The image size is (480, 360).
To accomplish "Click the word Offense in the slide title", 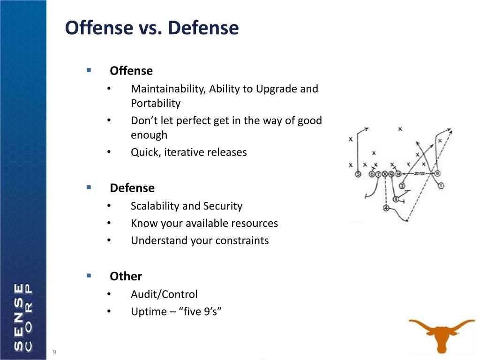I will click(x=98, y=28).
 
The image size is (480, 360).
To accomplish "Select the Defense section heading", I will click(x=132, y=188).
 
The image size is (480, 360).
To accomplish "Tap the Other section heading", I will click(x=126, y=277).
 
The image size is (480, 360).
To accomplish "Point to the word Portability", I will click(x=155, y=104).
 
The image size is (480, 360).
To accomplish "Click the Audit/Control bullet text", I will click(x=164, y=294).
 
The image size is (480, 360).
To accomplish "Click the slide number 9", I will click(x=54, y=352).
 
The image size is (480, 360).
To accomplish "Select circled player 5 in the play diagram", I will click(x=359, y=174).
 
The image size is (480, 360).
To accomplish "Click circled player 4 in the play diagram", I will click(x=386, y=208).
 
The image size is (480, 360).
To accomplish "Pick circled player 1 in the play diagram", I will click(x=441, y=186).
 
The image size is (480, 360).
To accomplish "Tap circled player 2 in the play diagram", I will click(x=402, y=186).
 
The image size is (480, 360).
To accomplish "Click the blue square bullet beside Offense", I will click(x=88, y=70).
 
